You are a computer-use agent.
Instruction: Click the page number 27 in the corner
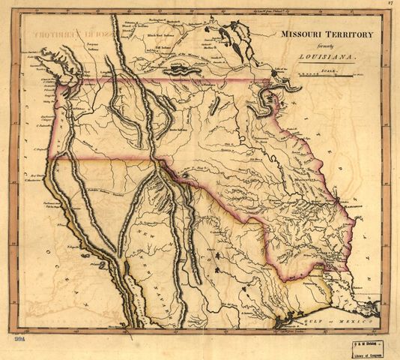[x=390, y=4]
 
